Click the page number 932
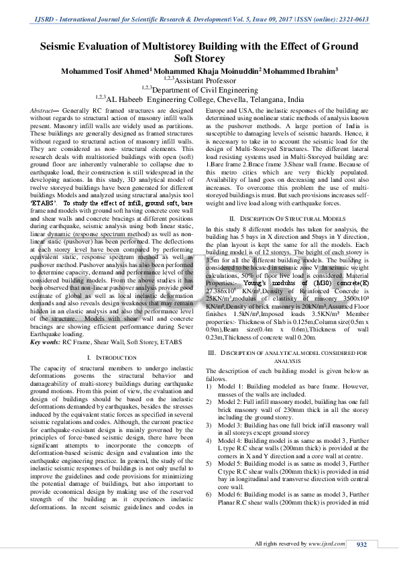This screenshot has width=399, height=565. click(x=362, y=544)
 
